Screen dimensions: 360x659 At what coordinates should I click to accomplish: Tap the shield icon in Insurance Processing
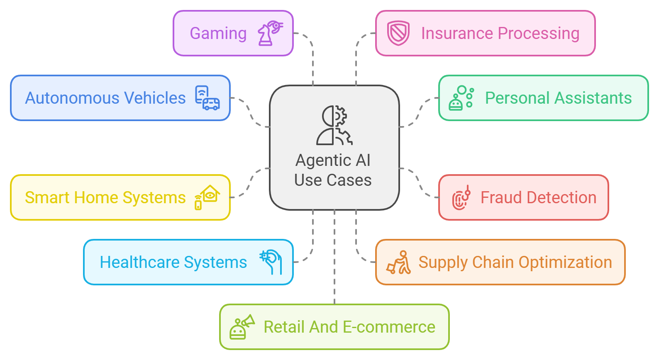[x=398, y=33]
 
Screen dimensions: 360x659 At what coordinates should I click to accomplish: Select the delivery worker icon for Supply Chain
[x=399, y=263]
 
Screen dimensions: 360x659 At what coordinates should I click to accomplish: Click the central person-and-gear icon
[x=334, y=125]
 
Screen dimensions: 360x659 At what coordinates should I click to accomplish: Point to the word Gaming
[x=218, y=33]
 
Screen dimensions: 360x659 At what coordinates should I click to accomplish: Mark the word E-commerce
[x=389, y=327]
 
